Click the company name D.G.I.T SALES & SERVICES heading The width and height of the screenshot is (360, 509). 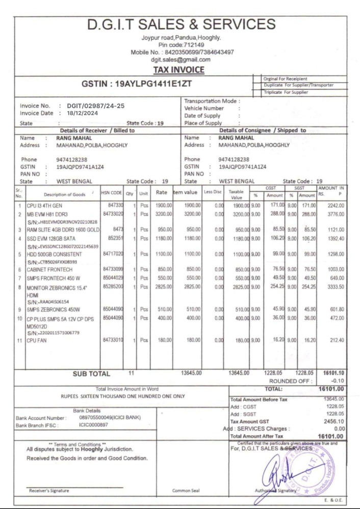(182, 24)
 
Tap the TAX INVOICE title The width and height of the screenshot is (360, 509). (179, 70)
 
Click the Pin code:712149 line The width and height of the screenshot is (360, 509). (182, 45)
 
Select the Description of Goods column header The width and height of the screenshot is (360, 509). (64, 194)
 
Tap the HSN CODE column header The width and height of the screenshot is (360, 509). (112, 193)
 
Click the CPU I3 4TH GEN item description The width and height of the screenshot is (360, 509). (44, 205)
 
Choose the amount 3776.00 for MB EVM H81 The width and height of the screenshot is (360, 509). (334, 214)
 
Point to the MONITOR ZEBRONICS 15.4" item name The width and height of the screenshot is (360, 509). (57, 288)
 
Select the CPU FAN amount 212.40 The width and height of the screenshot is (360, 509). (335, 340)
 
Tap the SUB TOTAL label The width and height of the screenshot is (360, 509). (91, 374)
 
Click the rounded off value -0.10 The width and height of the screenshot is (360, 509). (337, 381)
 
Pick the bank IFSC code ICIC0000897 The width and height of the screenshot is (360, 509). (94, 424)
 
